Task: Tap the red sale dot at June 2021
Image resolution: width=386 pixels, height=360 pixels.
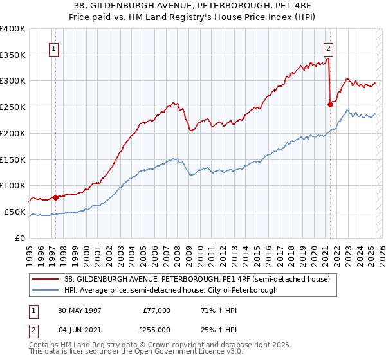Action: click(330, 104)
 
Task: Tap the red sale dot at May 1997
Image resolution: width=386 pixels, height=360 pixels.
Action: click(56, 197)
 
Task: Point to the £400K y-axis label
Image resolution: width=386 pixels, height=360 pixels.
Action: click(13, 29)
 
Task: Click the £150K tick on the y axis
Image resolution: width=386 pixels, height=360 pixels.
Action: click(13, 159)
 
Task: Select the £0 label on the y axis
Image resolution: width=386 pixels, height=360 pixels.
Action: click(21, 238)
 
